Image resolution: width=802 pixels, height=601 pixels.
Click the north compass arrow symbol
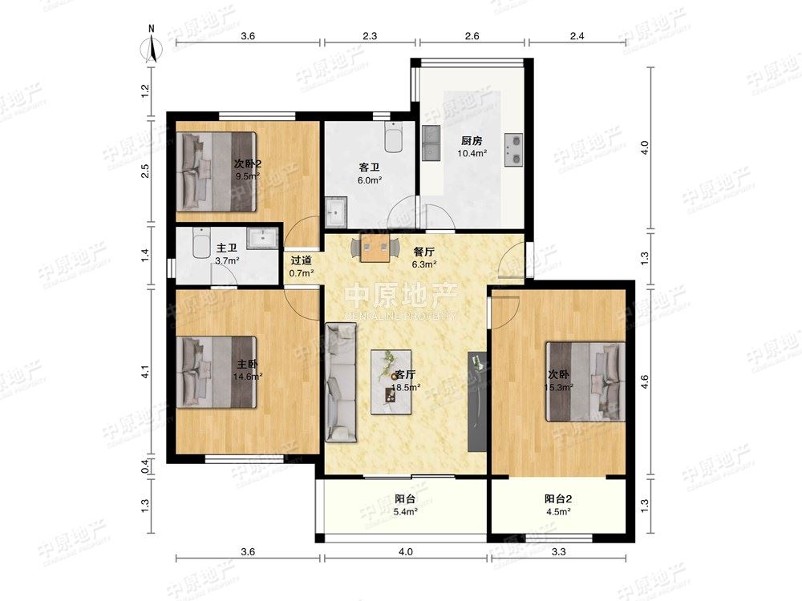pyautogui.click(x=152, y=49)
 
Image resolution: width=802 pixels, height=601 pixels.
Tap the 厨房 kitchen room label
pyautogui.click(x=472, y=141)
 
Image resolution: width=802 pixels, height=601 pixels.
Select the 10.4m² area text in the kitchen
pyautogui.click(x=472, y=153)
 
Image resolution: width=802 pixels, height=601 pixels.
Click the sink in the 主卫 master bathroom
pyautogui.click(x=262, y=238)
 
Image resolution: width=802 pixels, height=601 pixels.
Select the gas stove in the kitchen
pyautogui.click(x=513, y=151)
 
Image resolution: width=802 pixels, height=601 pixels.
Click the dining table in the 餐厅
pyautogui.click(x=375, y=248)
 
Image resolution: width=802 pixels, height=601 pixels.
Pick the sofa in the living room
pyautogui.click(x=341, y=382)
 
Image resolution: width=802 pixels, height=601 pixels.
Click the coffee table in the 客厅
pyautogui.click(x=391, y=381)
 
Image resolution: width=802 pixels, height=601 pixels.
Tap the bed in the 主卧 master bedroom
pyautogui.click(x=217, y=372)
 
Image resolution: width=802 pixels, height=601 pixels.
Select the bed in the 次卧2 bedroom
pyautogui.click(x=216, y=171)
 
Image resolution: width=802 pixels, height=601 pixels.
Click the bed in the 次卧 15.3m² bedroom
pyautogui.click(x=585, y=381)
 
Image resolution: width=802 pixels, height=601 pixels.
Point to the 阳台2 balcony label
pyautogui.click(x=558, y=498)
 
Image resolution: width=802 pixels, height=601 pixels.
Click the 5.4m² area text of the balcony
pyautogui.click(x=405, y=511)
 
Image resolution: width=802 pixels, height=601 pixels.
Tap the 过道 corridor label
pyautogui.click(x=302, y=260)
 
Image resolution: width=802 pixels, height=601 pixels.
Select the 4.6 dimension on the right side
pyautogui.click(x=645, y=381)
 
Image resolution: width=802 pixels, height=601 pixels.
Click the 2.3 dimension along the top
pyautogui.click(x=370, y=36)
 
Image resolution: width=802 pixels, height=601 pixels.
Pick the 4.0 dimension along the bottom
pyautogui.click(x=405, y=551)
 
